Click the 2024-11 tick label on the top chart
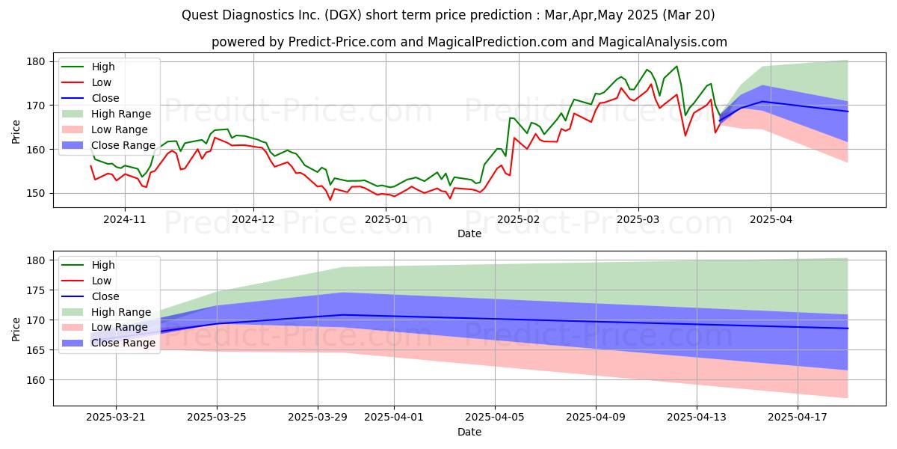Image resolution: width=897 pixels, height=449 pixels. point(125,219)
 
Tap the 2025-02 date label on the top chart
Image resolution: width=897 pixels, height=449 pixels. point(519,219)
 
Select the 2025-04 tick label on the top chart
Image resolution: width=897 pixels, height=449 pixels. point(771,219)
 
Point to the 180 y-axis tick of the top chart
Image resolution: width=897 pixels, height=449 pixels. point(35,61)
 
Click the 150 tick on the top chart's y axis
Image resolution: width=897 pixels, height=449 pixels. point(35,193)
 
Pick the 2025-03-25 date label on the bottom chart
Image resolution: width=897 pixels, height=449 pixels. point(217,417)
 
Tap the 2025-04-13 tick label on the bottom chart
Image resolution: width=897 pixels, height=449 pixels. point(697,417)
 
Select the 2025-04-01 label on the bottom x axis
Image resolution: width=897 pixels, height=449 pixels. point(394,417)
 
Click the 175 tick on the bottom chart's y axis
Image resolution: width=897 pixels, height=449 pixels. point(35,290)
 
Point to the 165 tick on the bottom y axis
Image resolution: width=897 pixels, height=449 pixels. point(35,350)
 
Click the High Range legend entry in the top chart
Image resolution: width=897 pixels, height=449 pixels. point(106,114)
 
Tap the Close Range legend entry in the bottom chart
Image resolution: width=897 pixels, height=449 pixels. point(108,343)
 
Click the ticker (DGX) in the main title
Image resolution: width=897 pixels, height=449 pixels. point(342,15)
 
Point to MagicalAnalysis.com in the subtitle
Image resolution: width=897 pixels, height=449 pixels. point(663,42)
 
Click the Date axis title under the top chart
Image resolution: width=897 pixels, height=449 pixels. point(469,233)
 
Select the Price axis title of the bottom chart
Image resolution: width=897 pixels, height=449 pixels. point(16,329)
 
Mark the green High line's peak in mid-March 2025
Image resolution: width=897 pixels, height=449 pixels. point(676,66)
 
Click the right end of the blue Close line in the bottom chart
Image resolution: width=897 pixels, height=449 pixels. point(848,329)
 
